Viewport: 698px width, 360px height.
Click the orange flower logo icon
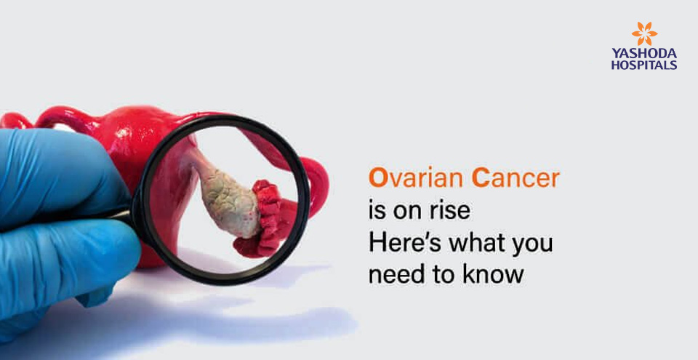coord(644,33)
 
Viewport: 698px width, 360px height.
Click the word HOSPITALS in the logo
coord(644,65)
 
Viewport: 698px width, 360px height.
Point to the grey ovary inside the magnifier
coord(228,200)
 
